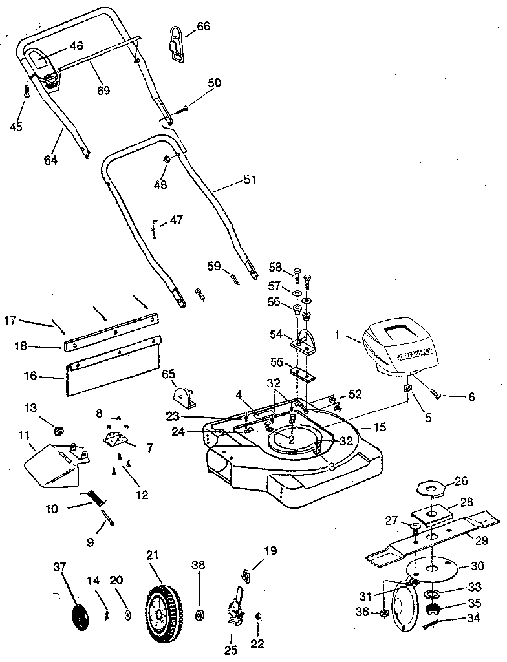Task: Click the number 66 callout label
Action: (203, 27)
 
